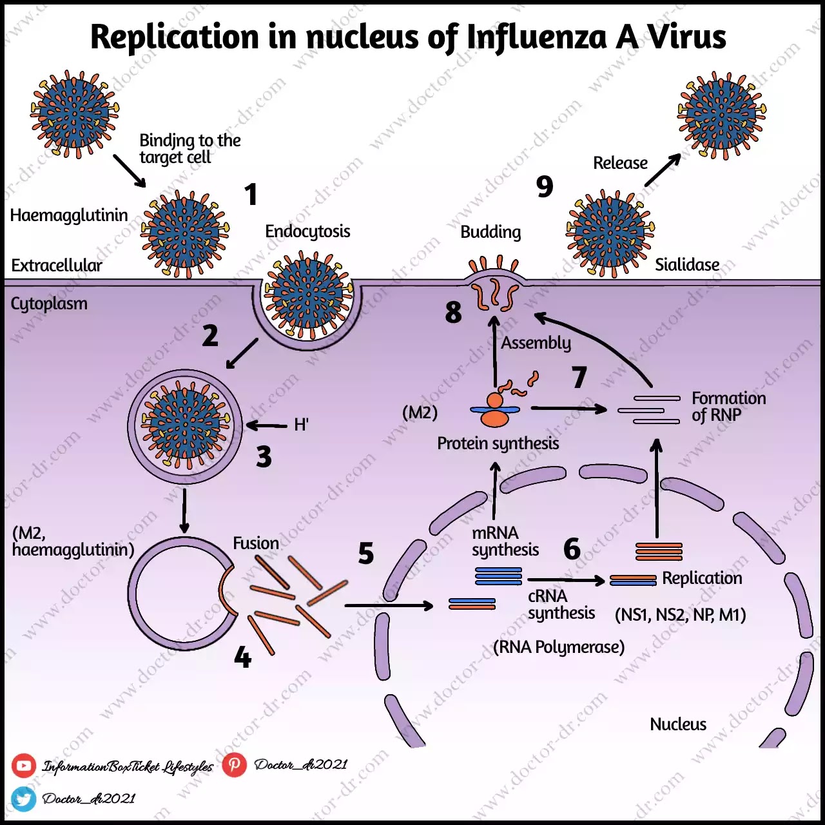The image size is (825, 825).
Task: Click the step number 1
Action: point(251,195)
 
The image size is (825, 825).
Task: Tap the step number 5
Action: point(366,554)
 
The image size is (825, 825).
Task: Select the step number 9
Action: point(545,187)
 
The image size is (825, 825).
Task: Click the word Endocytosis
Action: point(307,231)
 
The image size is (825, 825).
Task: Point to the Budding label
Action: point(490,232)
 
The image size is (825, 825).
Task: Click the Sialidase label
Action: point(687,265)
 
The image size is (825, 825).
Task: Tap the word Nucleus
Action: point(678,724)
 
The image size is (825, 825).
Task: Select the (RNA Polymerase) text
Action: point(559,647)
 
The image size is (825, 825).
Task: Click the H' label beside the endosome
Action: point(301,425)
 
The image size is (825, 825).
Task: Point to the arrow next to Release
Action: point(663,170)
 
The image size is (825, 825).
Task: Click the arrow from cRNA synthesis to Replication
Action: point(566,580)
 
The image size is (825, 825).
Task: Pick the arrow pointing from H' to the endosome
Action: point(267,425)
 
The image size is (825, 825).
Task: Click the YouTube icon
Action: point(24,766)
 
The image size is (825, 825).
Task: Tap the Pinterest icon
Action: point(235,764)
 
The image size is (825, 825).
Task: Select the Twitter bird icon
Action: point(24,799)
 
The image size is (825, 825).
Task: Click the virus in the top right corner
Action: point(721,115)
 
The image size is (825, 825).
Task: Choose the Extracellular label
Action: point(57,266)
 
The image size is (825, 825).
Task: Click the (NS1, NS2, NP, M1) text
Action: point(681,615)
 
